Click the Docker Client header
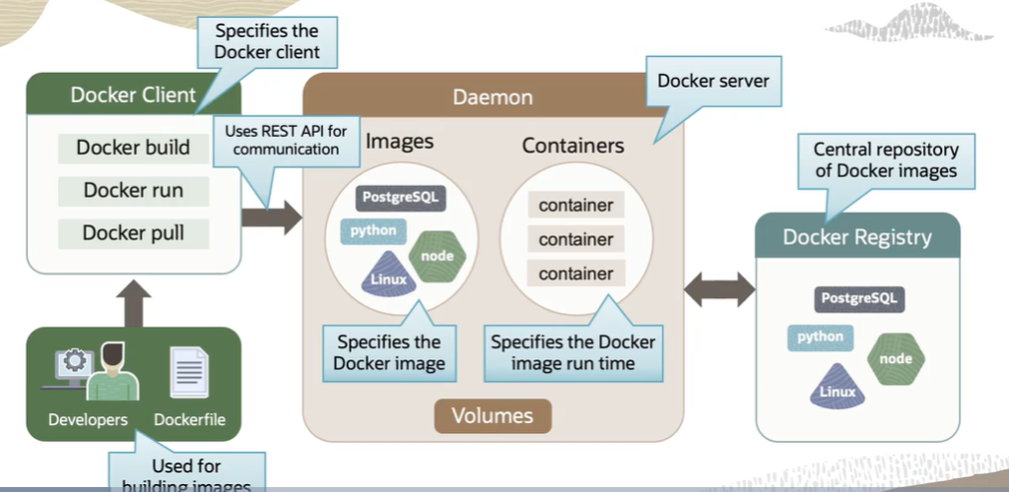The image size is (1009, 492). (133, 95)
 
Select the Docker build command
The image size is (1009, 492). (133, 149)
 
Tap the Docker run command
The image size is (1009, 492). (133, 190)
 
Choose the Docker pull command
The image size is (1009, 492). (133, 233)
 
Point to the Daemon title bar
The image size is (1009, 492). (493, 97)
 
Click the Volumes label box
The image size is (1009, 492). (493, 415)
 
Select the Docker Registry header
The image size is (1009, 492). (857, 237)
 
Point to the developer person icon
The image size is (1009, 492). (111, 372)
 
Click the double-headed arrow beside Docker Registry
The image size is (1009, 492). (719, 289)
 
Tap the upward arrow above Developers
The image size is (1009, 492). (133, 302)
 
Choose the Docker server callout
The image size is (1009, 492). (713, 82)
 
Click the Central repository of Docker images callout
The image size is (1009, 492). (885, 160)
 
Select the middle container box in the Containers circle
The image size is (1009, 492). (575, 239)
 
